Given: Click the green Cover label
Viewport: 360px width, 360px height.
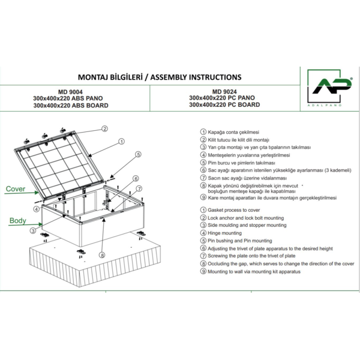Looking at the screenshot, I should pyautogui.click(x=16, y=189).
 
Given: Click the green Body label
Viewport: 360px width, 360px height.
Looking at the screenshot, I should pyautogui.click(x=17, y=221).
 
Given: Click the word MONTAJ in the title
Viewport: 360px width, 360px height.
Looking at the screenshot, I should pyautogui.click(x=97, y=77).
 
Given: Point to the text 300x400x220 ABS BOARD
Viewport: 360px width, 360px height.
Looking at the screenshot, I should pyautogui.click(x=71, y=106).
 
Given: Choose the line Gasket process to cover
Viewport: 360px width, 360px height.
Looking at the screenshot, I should pyautogui.click(x=237, y=210).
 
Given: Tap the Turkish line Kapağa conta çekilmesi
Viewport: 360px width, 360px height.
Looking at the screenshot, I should pyautogui.click(x=233, y=131).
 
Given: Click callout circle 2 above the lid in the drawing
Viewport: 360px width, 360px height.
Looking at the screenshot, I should pyautogui.click(x=104, y=128).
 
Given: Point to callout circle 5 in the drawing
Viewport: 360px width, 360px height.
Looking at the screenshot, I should pyautogui.click(x=137, y=154).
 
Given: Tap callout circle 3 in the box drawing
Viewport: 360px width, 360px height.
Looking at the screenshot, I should pyautogui.click(x=32, y=230).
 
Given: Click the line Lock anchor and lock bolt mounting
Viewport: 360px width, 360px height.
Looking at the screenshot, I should pyautogui.click(x=245, y=218).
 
